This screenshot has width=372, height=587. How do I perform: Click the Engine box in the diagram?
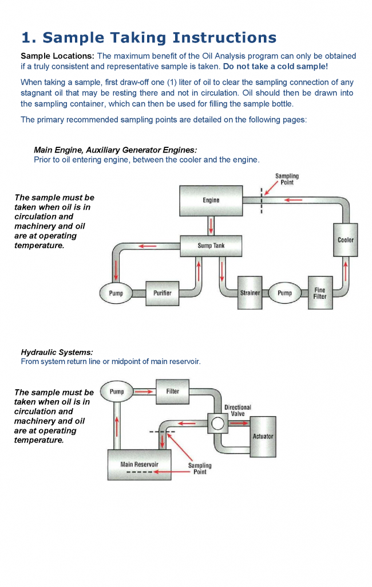[x=211, y=201]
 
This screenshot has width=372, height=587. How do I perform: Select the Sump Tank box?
[x=211, y=246]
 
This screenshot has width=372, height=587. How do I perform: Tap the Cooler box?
[x=346, y=240]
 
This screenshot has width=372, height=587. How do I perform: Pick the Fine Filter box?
[x=320, y=293]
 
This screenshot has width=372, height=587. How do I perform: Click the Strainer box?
[x=250, y=293]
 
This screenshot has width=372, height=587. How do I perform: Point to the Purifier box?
[x=163, y=293]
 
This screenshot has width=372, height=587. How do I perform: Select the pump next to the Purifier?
[x=116, y=293]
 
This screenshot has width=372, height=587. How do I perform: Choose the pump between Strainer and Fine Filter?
[x=285, y=293]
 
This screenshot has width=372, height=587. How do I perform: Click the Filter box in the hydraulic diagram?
[x=172, y=392]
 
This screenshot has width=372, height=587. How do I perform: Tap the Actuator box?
[x=263, y=436]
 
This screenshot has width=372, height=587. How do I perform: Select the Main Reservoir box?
[x=140, y=464]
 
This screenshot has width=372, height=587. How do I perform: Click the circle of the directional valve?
[x=217, y=424]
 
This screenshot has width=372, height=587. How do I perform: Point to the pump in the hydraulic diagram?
[x=117, y=392]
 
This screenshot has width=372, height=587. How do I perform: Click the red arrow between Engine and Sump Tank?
[x=211, y=226]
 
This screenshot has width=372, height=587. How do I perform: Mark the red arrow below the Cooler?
[x=346, y=271]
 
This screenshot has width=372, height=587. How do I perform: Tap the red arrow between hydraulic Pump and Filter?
[x=144, y=392]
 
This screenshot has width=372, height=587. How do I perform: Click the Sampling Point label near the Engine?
[x=287, y=179]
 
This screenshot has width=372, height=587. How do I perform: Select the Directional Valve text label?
[x=238, y=410]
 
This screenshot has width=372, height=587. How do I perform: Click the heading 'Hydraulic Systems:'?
[x=57, y=353]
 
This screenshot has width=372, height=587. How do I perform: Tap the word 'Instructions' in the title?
[x=224, y=37]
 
